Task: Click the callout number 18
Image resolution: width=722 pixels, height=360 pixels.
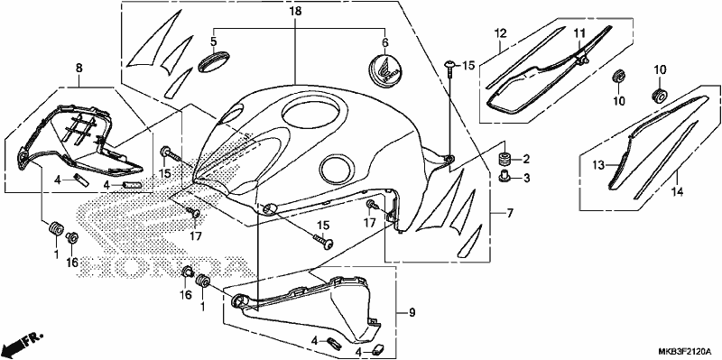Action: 295,12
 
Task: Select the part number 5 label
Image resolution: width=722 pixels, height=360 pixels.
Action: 214,42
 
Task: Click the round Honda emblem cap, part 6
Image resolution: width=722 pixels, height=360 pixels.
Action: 384,70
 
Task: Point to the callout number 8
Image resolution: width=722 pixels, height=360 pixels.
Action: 79,69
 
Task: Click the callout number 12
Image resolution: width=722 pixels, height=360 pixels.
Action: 501,33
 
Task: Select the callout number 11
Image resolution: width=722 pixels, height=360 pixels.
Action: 579,32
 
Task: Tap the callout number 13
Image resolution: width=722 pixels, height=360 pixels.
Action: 597,165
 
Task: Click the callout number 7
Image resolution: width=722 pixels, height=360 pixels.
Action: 510,213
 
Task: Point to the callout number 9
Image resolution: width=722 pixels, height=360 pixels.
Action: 412,313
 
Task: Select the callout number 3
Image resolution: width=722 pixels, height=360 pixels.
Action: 526,177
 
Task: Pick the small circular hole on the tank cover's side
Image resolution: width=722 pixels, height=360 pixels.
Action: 338,168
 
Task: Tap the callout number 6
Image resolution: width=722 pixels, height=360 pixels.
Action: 385,42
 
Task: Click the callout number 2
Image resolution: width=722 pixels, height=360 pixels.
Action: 526,160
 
